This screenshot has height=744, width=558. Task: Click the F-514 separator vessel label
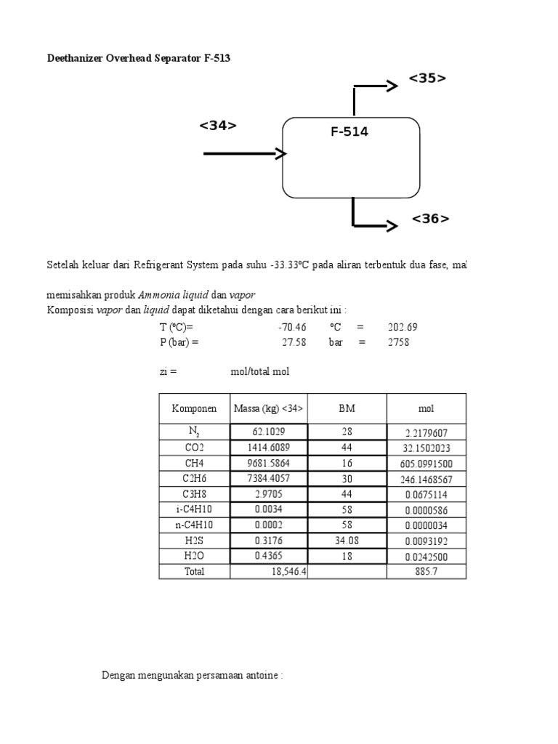[349, 132]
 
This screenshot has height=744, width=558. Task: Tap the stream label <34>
[218, 126]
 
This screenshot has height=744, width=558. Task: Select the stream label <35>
[427, 78]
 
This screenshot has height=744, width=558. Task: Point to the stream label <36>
[430, 219]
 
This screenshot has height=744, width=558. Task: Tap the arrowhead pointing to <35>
[392, 86]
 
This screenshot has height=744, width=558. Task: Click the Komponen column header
[194, 408]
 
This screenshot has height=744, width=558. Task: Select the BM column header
[347, 408]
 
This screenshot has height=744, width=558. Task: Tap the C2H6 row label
[194, 479]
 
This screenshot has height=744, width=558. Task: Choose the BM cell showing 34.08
[347, 540]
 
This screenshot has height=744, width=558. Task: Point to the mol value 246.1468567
[426, 480]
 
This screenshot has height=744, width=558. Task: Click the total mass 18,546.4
[286, 572]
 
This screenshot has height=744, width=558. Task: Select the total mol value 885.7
[426, 572]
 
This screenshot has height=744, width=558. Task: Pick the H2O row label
[194, 555]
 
